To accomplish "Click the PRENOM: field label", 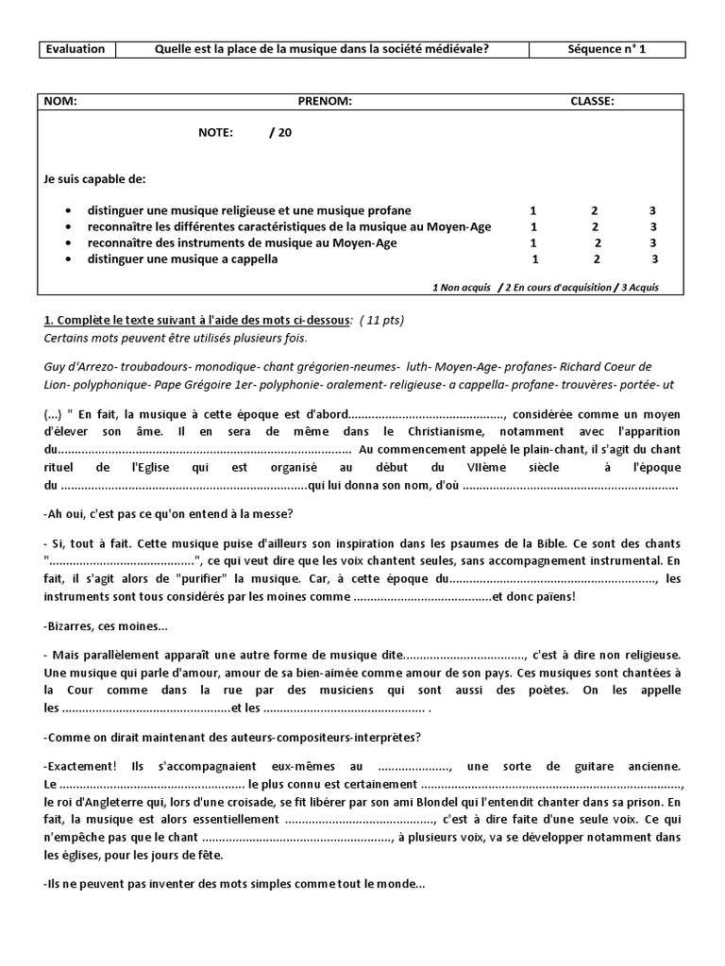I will pyautogui.click(x=325, y=101).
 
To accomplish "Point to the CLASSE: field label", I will pyautogui.click(x=592, y=101).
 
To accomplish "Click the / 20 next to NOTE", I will pyautogui.click(x=280, y=133).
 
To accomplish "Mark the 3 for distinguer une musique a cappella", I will pyautogui.click(x=654, y=259).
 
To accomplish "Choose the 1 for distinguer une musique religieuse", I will pyautogui.click(x=534, y=210).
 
